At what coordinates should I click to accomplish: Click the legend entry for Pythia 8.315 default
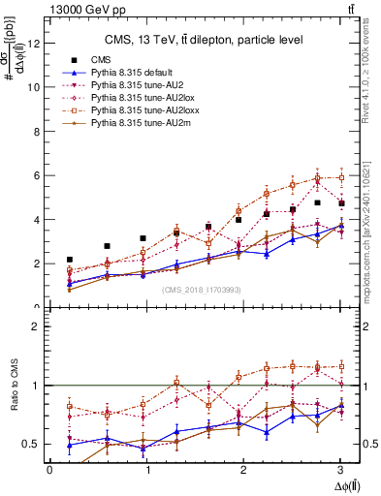130,73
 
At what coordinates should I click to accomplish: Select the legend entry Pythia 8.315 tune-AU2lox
137,99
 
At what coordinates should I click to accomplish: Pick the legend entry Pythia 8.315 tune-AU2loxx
139,111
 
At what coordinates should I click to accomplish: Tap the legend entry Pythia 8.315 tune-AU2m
135,124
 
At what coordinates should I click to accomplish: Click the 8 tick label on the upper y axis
36,131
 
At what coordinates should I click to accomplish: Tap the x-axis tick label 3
340,470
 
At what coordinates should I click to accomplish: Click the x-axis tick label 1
146,470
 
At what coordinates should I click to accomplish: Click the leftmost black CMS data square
69,260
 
